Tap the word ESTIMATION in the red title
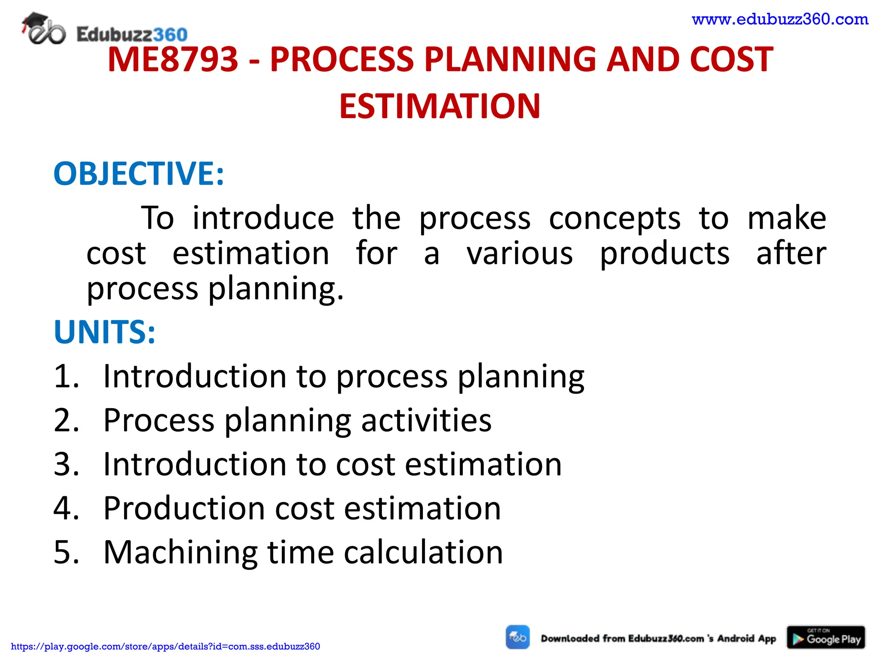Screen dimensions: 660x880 tap(440, 107)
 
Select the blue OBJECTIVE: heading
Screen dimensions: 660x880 tap(139, 174)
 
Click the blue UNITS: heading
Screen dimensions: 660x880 tap(104, 332)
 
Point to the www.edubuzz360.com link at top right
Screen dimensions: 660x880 tap(780, 19)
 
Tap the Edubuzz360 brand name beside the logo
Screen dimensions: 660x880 tap(132, 34)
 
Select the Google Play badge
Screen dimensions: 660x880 tap(826, 637)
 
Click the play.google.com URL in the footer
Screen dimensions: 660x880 tap(165, 646)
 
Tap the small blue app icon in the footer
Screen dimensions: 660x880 tap(518, 637)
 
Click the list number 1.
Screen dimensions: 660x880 tap(65, 376)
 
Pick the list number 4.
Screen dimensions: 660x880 tap(65, 508)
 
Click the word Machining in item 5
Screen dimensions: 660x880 tap(180, 553)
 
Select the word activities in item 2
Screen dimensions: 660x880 tap(426, 420)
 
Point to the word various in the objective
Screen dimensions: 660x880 tap(520, 254)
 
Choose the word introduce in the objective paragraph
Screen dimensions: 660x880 tap(263, 218)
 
